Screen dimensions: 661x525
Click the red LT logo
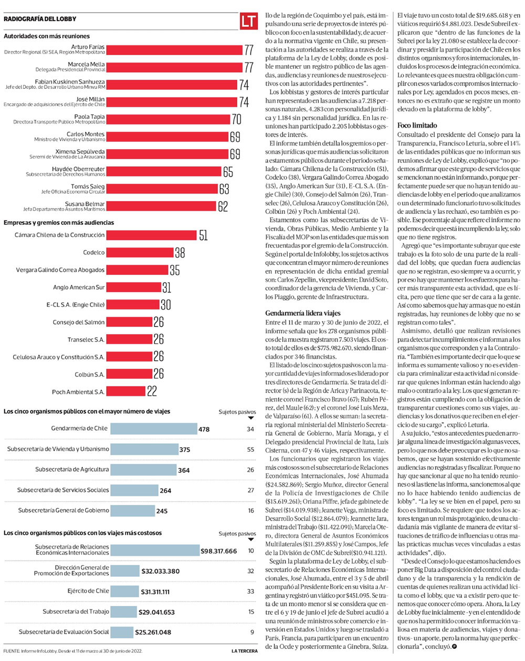[x=249, y=22]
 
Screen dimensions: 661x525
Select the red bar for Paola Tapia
[x=168, y=119]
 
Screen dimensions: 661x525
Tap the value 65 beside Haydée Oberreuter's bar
[x=228, y=172]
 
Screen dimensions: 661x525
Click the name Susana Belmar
[x=85, y=204]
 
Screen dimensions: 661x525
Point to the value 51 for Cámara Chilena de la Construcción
[x=203, y=235]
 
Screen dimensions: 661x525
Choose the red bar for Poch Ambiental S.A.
[x=126, y=392]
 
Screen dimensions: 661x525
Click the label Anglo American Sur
[x=79, y=287]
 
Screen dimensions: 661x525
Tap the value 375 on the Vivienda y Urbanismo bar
[x=185, y=450]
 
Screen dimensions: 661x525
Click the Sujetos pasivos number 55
[x=250, y=449]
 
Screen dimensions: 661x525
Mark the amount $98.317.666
[x=219, y=551]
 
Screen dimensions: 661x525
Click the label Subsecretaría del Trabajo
[x=76, y=612]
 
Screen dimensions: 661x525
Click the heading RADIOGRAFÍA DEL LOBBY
[x=40, y=19]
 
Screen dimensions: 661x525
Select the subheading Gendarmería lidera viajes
[x=303, y=313]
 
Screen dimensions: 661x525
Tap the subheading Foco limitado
[x=417, y=126]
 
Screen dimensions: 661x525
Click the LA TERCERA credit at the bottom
[x=245, y=651]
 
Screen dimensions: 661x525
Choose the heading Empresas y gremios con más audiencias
[x=59, y=223]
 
